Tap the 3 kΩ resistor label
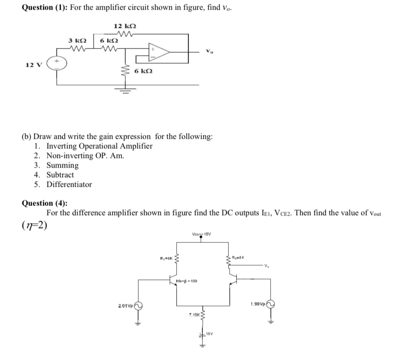click(x=77, y=41)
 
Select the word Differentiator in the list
click(x=69, y=184)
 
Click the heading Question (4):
click(x=45, y=203)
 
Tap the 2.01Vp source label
click(x=126, y=305)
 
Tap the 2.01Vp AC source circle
click(x=139, y=305)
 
